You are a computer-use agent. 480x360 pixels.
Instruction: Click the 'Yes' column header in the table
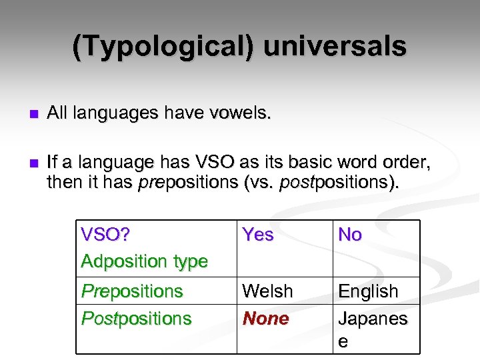258,235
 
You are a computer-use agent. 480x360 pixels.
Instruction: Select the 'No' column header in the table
350,235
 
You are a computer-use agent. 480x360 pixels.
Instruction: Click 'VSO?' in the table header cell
105,235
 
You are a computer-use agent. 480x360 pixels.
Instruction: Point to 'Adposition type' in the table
144,261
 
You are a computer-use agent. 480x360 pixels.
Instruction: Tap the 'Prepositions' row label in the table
132,291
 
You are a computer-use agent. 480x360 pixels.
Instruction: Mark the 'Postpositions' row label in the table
136,319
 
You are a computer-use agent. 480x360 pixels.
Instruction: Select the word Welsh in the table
267,291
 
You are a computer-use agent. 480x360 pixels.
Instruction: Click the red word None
266,319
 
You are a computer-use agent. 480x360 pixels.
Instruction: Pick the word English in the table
368,291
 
